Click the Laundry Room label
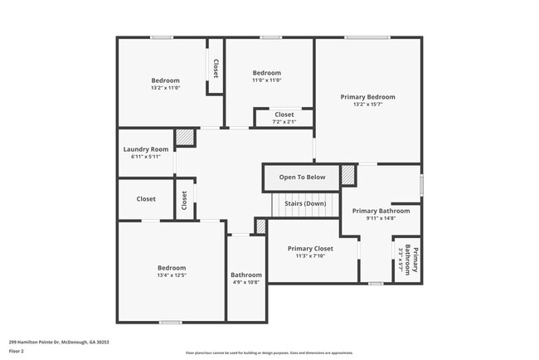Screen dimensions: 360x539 [x=146, y=149]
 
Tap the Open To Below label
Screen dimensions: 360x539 [x=302, y=178]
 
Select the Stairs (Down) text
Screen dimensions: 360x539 [x=305, y=203]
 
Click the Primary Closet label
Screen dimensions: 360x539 [x=310, y=249]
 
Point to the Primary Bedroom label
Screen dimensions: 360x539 [x=368, y=97]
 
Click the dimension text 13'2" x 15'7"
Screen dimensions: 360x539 [x=368, y=105]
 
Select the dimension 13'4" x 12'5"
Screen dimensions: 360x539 [x=172, y=275]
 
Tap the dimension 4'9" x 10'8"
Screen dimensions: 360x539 [x=246, y=282]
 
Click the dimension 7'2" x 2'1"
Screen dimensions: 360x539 [x=284, y=122]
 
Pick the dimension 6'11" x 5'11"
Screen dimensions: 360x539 [x=146, y=157]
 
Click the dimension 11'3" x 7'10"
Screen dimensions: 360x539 [x=310, y=256]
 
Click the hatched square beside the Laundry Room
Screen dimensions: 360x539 [x=184, y=138]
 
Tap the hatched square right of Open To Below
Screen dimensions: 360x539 [x=347, y=175]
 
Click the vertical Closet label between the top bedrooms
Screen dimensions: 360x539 [x=216, y=70]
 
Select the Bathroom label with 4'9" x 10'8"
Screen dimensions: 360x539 [x=246, y=275]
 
